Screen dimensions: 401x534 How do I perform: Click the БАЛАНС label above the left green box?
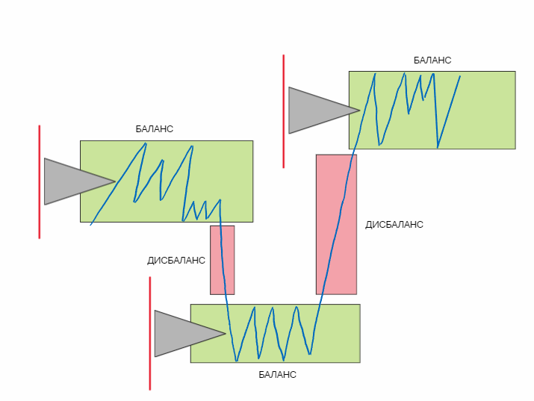point(154,129)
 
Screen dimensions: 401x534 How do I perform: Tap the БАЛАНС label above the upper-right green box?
point(432,60)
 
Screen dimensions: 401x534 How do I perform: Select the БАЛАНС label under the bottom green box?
point(277,375)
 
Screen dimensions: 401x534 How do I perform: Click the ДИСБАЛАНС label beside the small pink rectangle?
point(176,261)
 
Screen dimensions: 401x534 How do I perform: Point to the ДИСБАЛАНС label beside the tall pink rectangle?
point(394,225)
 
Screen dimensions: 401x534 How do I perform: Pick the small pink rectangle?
point(222,260)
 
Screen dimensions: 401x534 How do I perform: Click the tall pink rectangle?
point(336,224)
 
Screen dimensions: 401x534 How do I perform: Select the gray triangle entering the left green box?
point(71,181)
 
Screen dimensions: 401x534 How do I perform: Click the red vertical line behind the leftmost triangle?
point(39,181)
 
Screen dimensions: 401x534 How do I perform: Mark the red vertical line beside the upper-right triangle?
point(283,111)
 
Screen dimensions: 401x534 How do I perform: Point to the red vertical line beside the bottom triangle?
point(149,333)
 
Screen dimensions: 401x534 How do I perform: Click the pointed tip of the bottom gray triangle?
point(225,333)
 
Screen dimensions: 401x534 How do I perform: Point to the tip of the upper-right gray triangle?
point(359,111)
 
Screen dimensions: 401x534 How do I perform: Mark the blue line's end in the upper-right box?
point(459,75)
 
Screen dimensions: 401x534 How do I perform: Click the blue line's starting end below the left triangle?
point(90,224)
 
